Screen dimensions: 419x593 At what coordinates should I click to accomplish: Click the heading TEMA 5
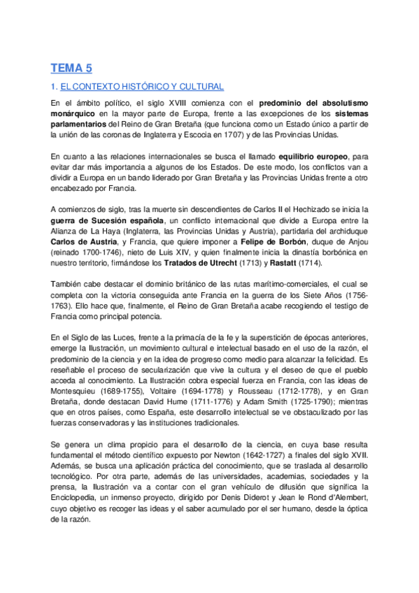pos(71,68)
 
